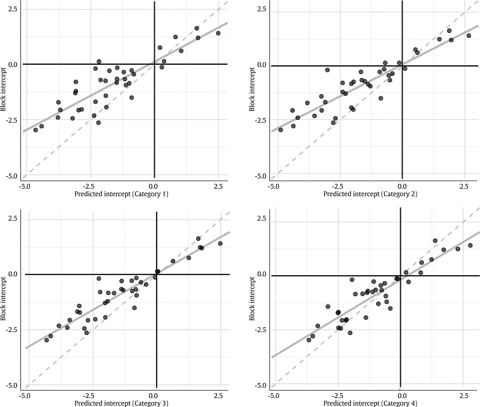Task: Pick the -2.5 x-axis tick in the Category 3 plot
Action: [89, 396]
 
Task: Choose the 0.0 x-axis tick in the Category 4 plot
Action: [401, 396]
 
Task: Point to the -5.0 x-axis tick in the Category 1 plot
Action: [25, 186]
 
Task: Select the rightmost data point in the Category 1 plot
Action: [218, 34]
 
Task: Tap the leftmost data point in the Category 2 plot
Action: [280, 129]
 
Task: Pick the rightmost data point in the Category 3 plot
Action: [220, 243]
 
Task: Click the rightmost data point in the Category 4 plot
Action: [470, 245]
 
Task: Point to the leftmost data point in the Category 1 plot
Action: [35, 130]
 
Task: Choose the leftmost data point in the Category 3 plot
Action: [46, 340]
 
